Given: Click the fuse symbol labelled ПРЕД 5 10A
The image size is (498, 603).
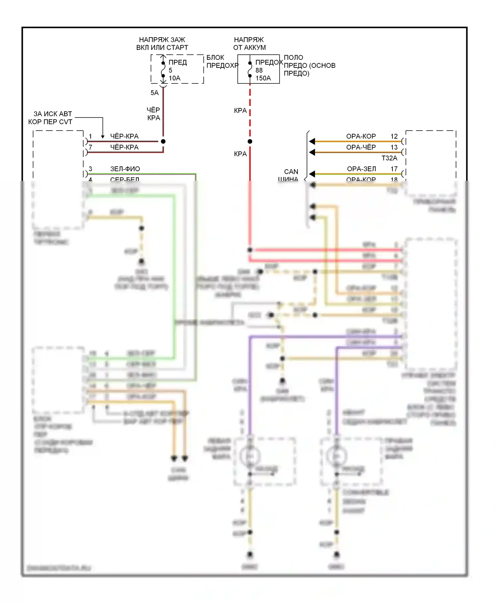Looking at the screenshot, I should pyautogui.click(x=163, y=69).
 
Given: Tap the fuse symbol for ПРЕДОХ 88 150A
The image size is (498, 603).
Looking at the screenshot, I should pyautogui.click(x=250, y=69).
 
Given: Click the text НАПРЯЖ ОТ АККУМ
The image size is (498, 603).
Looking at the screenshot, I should pyautogui.click(x=249, y=44).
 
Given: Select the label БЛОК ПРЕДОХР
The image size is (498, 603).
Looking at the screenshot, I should pyautogui.click(x=222, y=61).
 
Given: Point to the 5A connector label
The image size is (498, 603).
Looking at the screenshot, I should pyautogui.click(x=154, y=93).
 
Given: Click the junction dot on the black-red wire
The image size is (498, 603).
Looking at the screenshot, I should pyautogui.click(x=163, y=142).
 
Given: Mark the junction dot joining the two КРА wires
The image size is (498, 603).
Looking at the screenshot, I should pyautogui.click(x=250, y=142).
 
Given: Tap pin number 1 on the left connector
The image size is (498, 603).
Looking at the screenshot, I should pyautogui.click(x=90, y=136).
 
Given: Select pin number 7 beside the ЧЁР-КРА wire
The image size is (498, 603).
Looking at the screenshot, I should pyautogui.click(x=90, y=147).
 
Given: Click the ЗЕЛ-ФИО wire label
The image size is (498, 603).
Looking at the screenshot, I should pyautogui.click(x=125, y=169).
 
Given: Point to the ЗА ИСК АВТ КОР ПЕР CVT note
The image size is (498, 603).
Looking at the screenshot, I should pyautogui.click(x=50, y=118).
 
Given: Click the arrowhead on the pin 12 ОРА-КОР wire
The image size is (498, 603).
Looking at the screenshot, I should pyautogui.click(x=312, y=142).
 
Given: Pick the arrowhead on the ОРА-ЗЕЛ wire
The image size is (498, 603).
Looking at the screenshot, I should pyautogui.click(x=312, y=174).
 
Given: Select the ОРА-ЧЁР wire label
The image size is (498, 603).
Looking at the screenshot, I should pyautogui.click(x=361, y=147).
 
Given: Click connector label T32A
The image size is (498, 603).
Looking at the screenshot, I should pyautogui.click(x=389, y=158).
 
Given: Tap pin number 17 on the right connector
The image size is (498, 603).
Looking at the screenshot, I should pyautogui.click(x=394, y=169).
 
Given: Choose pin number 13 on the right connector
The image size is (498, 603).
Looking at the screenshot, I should pyautogui.click(x=394, y=147).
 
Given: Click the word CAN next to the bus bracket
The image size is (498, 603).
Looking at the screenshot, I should pyautogui.click(x=291, y=172).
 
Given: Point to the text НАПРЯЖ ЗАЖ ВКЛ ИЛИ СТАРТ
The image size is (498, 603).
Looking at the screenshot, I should pyautogui.click(x=162, y=44).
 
